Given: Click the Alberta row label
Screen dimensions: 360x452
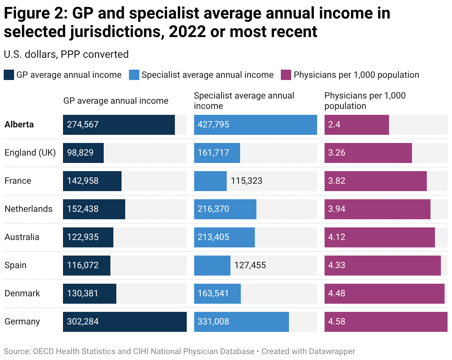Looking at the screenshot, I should pyautogui.click(x=19, y=124).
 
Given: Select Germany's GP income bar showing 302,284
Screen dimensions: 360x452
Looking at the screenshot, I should pyautogui.click(x=124, y=321).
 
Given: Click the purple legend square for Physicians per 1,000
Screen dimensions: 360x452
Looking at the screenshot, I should pyautogui.click(x=286, y=75).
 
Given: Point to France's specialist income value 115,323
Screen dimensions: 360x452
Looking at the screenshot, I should pyautogui.click(x=246, y=181).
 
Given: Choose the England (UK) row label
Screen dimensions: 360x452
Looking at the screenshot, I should pyautogui.click(x=30, y=153).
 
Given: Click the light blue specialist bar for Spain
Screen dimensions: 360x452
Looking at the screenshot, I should pyautogui.click(x=212, y=265).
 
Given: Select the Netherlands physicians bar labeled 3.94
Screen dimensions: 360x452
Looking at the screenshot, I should pyautogui.click(x=377, y=209).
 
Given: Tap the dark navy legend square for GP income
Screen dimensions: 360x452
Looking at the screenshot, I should pyautogui.click(x=9, y=75).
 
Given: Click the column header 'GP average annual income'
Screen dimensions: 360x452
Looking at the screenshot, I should pyautogui.click(x=116, y=101).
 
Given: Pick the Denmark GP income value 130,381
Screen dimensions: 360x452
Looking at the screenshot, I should pyautogui.click(x=83, y=293).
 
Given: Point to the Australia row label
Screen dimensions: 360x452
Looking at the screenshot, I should pyautogui.click(x=22, y=237).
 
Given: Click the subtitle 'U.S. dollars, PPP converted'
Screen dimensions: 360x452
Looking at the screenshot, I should pyautogui.click(x=66, y=54).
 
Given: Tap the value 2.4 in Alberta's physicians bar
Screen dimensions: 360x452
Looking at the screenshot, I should pyautogui.click(x=334, y=124).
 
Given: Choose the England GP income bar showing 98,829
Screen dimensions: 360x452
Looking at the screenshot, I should pyautogui.click(x=83, y=153).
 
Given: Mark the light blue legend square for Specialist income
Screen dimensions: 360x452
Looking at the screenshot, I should pyautogui.click(x=134, y=75).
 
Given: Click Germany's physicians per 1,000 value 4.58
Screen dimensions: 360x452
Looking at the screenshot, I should pyautogui.click(x=336, y=321).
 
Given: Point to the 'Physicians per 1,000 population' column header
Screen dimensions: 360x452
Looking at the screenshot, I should pyautogui.click(x=365, y=101).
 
